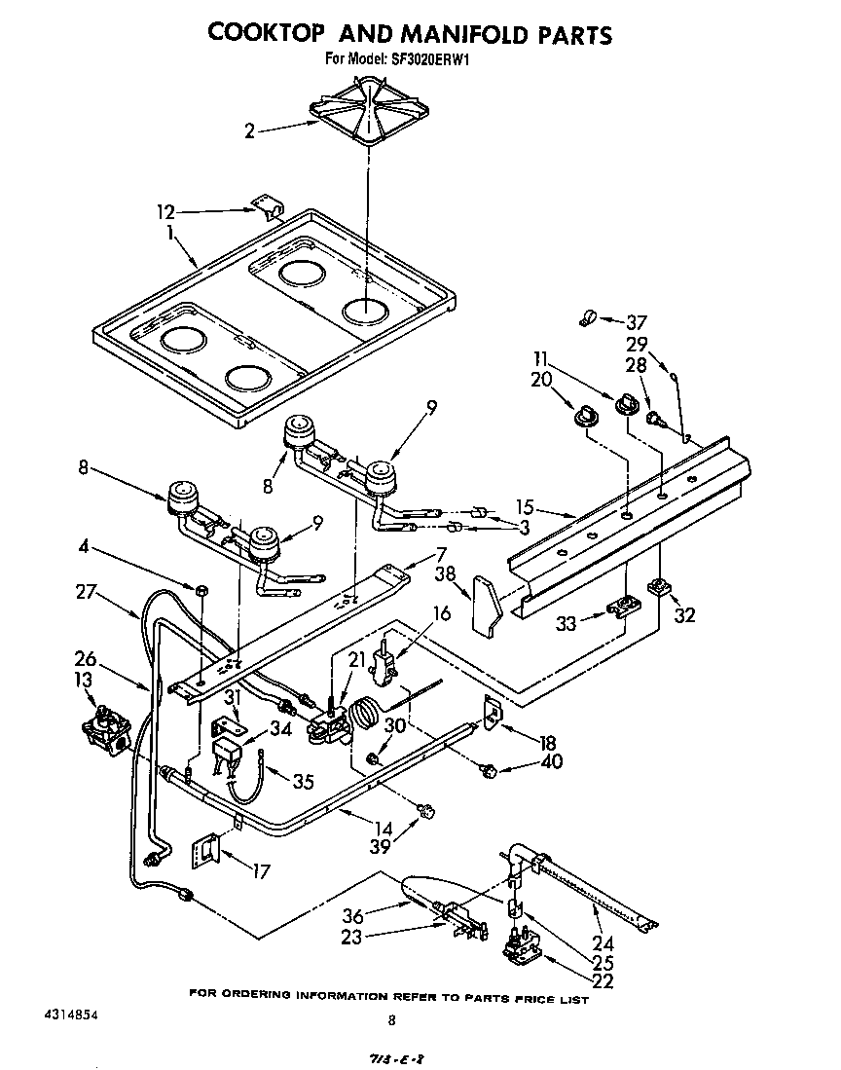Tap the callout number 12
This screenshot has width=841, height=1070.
165,209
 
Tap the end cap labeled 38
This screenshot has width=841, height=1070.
485,607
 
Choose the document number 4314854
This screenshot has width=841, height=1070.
69,1014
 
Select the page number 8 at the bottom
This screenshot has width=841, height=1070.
390,1020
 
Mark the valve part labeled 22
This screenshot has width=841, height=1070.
520,951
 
